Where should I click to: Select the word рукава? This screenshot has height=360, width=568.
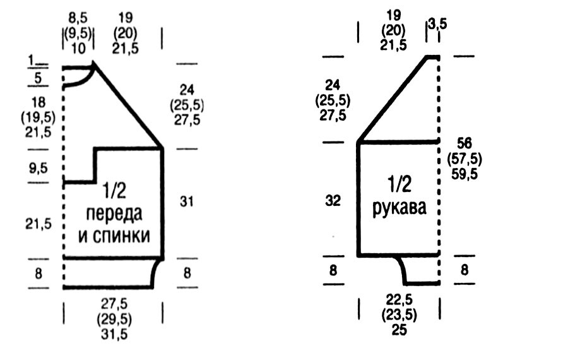(x=399, y=208)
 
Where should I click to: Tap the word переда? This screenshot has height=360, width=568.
(x=115, y=213)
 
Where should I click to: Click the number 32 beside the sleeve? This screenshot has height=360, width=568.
(x=333, y=201)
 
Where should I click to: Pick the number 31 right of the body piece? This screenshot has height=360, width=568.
(x=187, y=201)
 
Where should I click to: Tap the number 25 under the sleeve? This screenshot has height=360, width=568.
(x=398, y=330)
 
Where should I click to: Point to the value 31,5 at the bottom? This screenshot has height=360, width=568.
(x=114, y=334)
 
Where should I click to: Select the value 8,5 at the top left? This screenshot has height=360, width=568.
(x=78, y=18)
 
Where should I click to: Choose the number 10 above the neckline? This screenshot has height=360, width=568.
(x=78, y=49)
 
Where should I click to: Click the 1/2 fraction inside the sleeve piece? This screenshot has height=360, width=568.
(x=398, y=185)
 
